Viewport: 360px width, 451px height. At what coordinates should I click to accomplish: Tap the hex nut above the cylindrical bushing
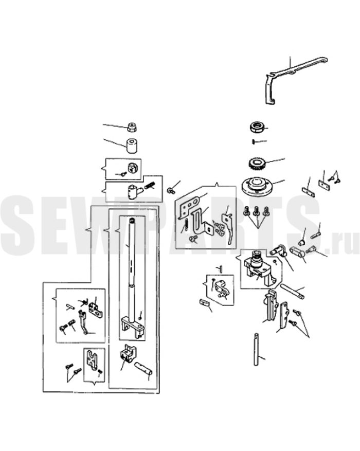click(132, 127)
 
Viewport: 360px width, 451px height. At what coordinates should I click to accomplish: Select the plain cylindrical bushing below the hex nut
click(132, 146)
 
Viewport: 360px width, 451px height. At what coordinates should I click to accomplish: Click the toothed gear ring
click(257, 164)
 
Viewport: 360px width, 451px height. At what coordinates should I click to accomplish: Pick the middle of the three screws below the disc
click(256, 212)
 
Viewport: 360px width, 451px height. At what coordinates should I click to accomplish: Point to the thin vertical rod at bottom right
click(257, 349)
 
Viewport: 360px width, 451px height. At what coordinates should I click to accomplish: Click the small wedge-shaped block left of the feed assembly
click(204, 303)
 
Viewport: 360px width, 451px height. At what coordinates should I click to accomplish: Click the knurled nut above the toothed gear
click(257, 127)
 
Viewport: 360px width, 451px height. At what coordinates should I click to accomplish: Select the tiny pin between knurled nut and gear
click(254, 141)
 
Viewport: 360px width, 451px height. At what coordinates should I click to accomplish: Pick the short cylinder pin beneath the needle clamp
click(143, 368)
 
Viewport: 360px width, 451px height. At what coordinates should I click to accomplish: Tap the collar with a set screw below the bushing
click(133, 168)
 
